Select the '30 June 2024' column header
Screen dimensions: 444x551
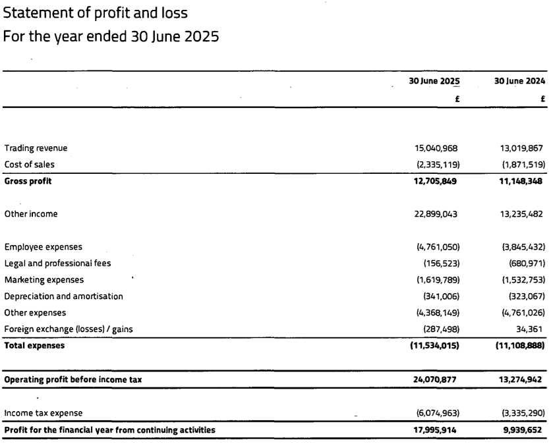click(x=519, y=81)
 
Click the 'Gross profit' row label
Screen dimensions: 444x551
click(x=28, y=181)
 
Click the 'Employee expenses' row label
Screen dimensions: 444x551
click(x=43, y=247)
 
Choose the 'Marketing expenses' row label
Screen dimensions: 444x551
click(x=44, y=279)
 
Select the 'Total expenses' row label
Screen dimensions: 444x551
click(x=34, y=345)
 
